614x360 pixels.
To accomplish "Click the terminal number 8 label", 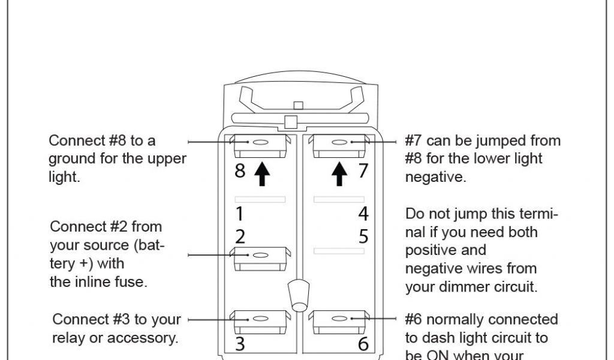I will pyautogui.click(x=240, y=171).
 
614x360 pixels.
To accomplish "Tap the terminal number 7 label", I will pyautogui.click(x=363, y=170).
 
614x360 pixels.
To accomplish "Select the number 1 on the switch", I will pyautogui.click(x=239, y=214).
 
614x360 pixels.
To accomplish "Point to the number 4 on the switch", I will pyautogui.click(x=363, y=214).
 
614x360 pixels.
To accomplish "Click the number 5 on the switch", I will pyautogui.click(x=363, y=236).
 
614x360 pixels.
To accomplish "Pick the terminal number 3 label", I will pyautogui.click(x=240, y=344).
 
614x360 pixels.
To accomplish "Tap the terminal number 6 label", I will pyautogui.click(x=363, y=344).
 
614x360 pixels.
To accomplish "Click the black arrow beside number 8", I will pyautogui.click(x=262, y=173).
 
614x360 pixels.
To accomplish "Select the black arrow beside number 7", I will pyautogui.click(x=339, y=173).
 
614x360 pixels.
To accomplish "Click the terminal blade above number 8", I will pyautogui.click(x=260, y=144).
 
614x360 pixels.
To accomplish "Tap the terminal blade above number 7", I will pyautogui.click(x=339, y=144).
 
